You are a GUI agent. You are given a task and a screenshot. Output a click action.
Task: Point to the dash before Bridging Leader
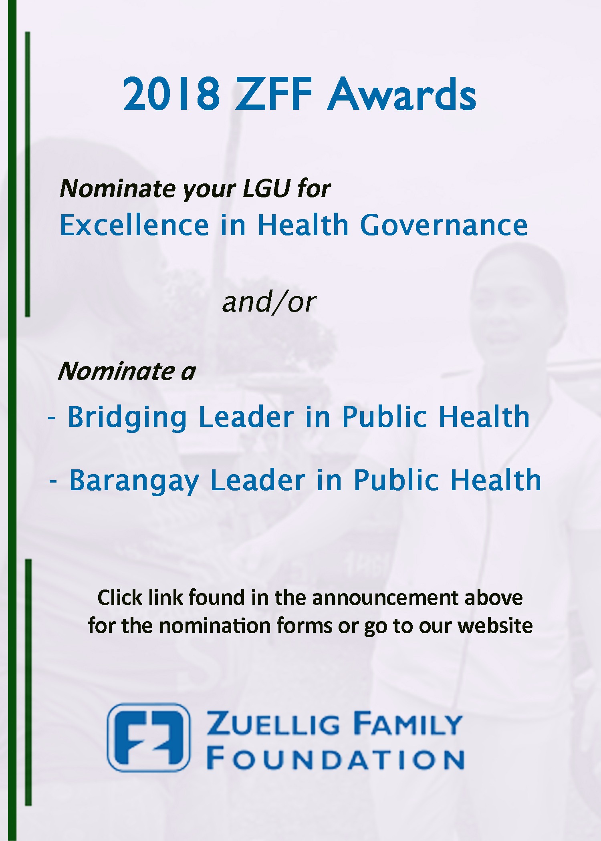(x=52, y=418)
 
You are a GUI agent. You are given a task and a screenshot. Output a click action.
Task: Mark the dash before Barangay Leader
(x=53, y=481)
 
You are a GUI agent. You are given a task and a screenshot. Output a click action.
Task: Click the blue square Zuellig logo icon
(x=149, y=737)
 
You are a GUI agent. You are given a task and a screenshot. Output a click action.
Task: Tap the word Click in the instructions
(x=120, y=597)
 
